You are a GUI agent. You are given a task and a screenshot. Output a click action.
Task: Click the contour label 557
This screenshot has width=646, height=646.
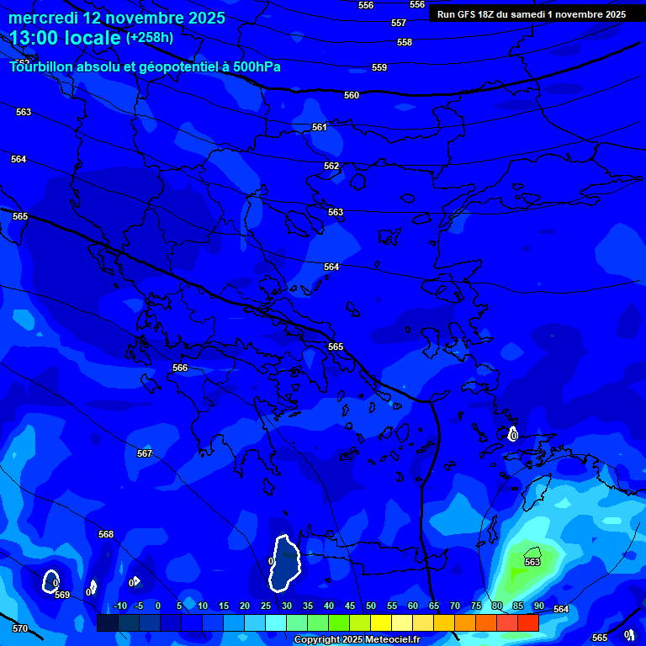click(x=399, y=23)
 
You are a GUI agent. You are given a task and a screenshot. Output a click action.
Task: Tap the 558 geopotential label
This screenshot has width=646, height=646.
click(x=405, y=42)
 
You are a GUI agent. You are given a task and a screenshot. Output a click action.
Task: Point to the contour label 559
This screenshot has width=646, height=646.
click(x=379, y=67)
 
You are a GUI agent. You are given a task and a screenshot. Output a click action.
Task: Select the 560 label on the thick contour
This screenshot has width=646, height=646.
click(x=352, y=95)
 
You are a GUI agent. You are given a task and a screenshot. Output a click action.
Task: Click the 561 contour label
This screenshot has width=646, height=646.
click(x=319, y=127)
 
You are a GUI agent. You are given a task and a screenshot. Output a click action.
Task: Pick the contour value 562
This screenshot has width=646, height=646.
click(x=331, y=166)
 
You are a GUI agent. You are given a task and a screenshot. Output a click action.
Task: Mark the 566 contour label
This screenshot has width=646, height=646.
click(x=180, y=368)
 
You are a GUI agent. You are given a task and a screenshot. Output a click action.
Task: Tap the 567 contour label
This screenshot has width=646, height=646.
click(x=145, y=453)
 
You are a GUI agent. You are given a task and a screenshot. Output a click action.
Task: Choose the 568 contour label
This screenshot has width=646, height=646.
click(x=106, y=534)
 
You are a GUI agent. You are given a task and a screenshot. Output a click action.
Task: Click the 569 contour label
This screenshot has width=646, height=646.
click(x=62, y=595)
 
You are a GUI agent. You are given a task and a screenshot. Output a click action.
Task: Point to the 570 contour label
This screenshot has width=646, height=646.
click(x=20, y=628)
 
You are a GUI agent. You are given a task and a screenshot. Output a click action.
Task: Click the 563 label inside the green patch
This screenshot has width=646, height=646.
click(x=532, y=562)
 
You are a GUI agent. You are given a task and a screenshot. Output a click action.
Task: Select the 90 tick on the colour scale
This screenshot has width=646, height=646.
click(x=538, y=606)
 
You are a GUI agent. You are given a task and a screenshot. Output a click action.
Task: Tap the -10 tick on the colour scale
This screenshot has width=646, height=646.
click(x=119, y=606)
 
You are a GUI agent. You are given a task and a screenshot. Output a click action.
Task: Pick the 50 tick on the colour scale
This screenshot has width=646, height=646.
click(x=371, y=606)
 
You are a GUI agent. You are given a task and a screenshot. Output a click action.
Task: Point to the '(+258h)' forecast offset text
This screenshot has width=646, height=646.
click(x=150, y=37)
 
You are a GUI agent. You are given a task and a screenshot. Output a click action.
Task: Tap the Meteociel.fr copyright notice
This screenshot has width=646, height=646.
click(x=356, y=640)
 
